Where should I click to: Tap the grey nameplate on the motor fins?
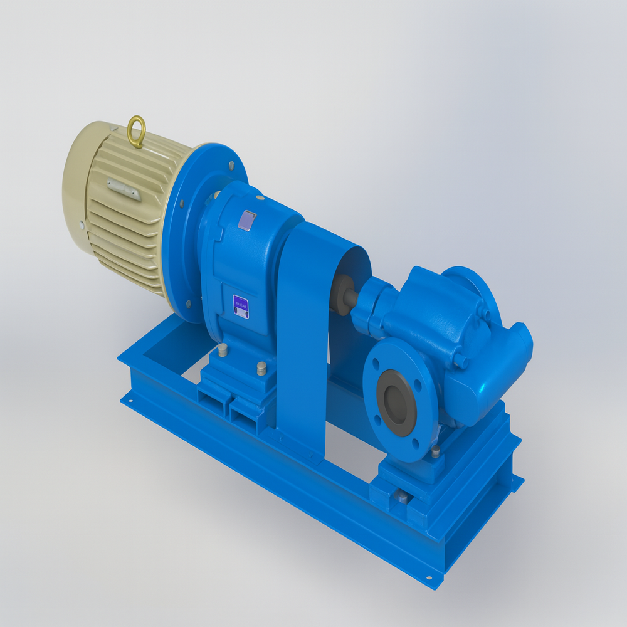[124, 189]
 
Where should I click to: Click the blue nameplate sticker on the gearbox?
[241, 307]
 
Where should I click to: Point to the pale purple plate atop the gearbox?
[249, 221]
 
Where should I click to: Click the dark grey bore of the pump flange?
[398, 401]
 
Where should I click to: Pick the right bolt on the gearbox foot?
[261, 368]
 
